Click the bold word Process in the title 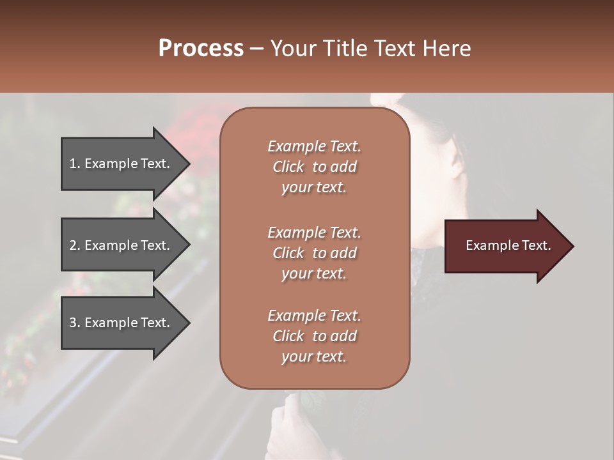201,49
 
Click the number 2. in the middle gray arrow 74,245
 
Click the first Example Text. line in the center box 314,146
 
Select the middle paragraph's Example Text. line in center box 314,233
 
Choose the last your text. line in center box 314,356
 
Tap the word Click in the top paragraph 288,167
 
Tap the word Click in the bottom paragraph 288,336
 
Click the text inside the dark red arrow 508,245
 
